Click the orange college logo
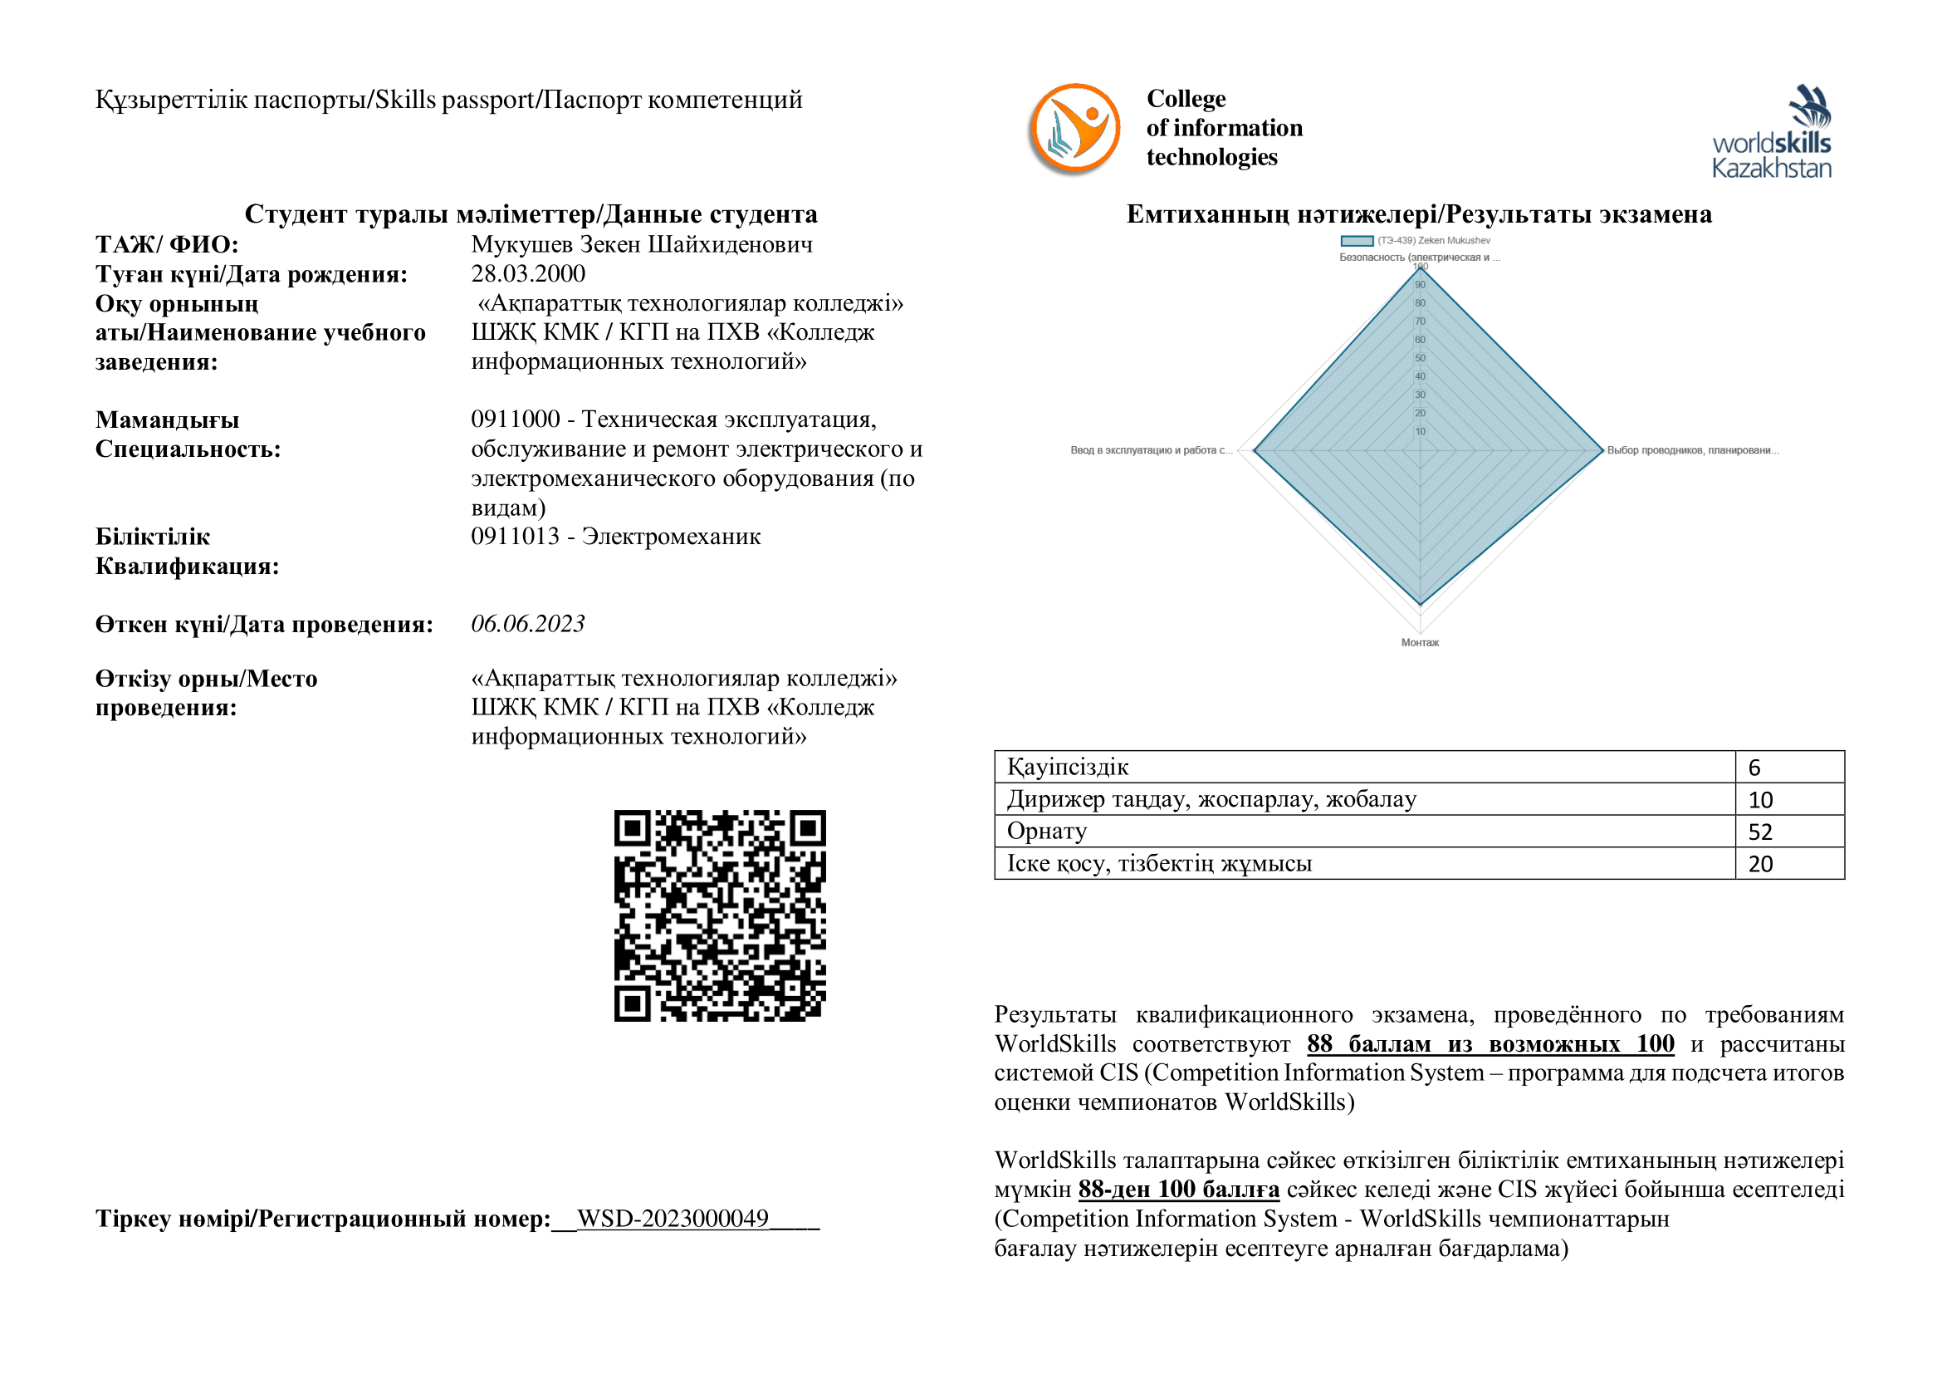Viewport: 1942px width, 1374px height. click(1074, 129)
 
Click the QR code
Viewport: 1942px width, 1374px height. click(720, 915)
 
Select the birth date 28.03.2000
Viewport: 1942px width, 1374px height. click(528, 274)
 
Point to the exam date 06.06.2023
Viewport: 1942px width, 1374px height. click(528, 625)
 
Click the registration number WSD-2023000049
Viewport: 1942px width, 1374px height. click(673, 1219)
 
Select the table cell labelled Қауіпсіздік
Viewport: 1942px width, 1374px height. click(1068, 768)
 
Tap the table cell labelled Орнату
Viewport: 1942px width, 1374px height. click(1046, 832)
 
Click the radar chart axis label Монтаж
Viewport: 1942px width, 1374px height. click(1420, 643)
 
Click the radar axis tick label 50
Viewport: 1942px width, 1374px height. click(1420, 358)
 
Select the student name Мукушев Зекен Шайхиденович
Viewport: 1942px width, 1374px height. click(641, 244)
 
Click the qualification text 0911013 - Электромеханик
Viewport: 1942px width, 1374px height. click(616, 537)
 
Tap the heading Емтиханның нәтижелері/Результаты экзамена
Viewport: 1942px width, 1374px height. click(1419, 214)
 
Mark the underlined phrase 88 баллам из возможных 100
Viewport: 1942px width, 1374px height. click(1490, 1044)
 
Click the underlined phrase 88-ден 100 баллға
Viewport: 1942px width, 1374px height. click(1178, 1190)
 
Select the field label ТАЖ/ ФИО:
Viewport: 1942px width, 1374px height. click(167, 244)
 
